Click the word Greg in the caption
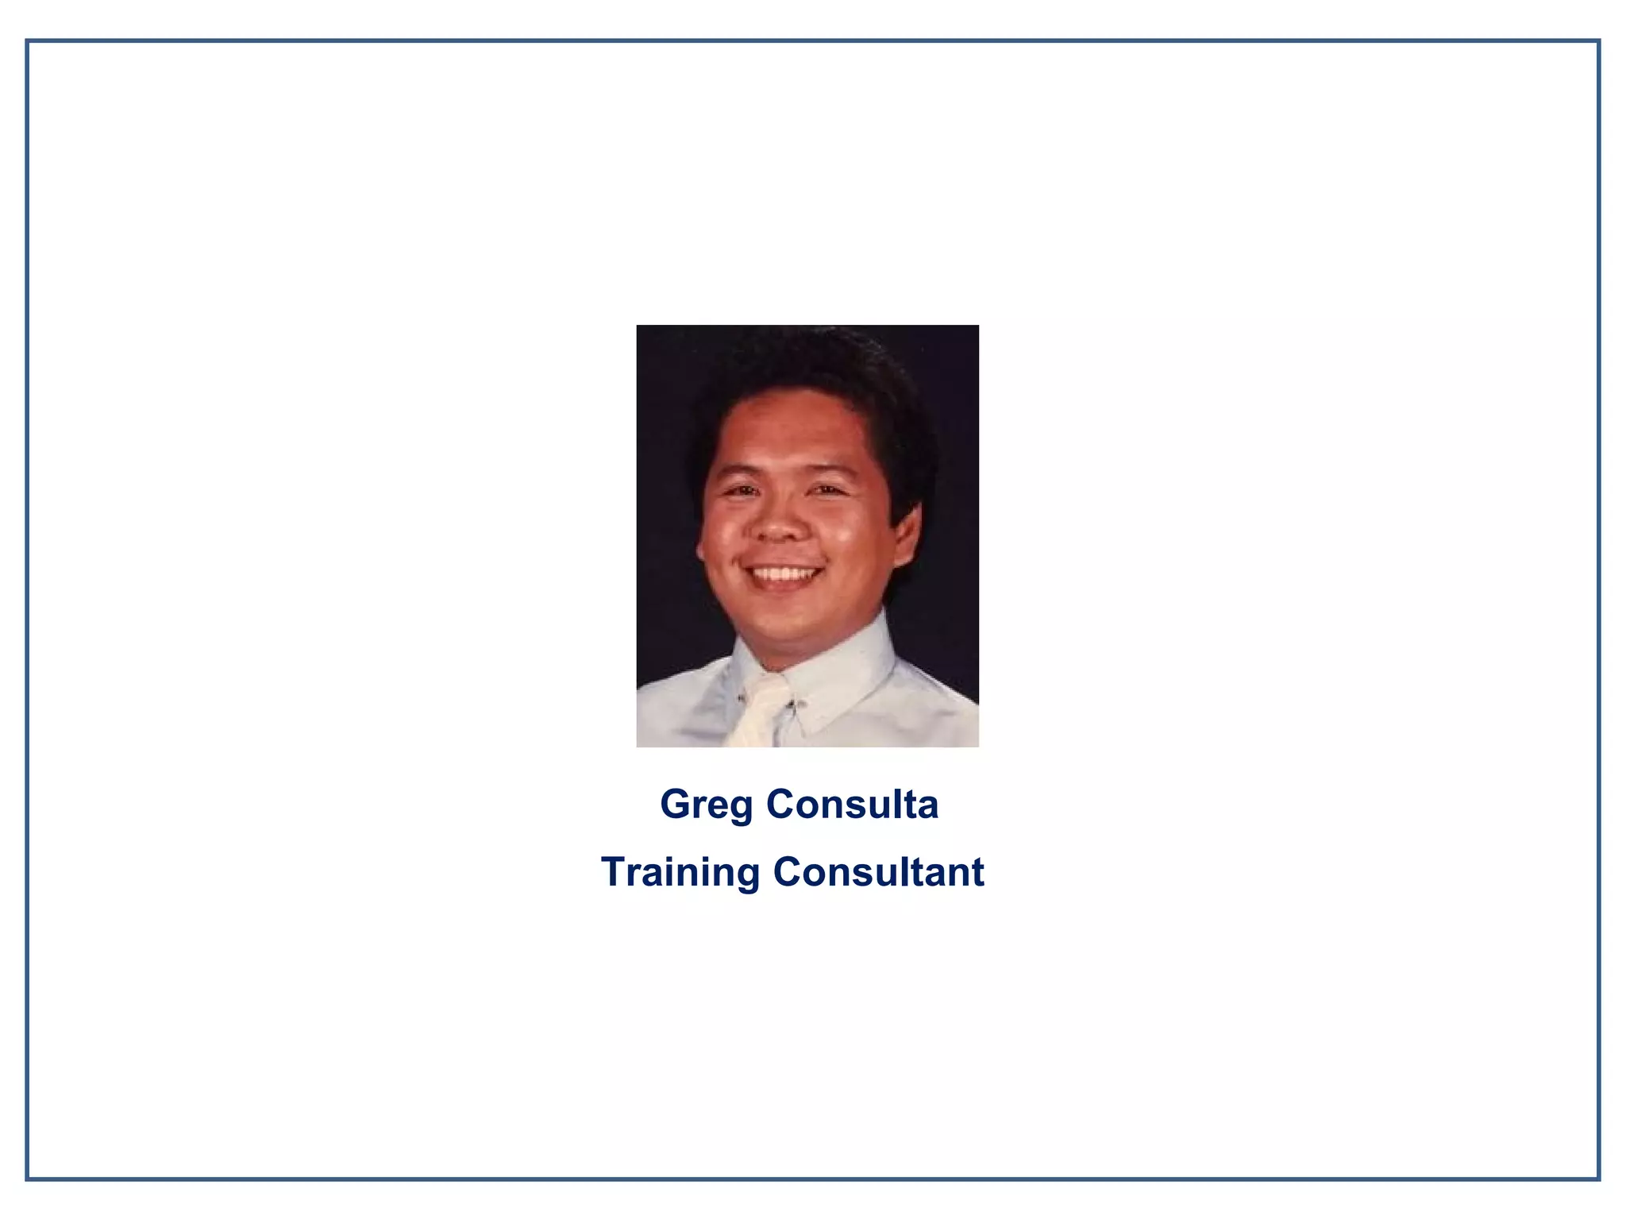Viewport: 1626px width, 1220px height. [706, 805]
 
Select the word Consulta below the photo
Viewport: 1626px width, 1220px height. [852, 804]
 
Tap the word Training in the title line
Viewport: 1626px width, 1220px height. [680, 872]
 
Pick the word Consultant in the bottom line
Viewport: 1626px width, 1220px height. [878, 872]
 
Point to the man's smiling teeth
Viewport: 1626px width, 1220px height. [784, 573]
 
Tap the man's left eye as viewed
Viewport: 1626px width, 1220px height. [742, 491]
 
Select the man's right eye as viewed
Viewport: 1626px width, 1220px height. [826, 490]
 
